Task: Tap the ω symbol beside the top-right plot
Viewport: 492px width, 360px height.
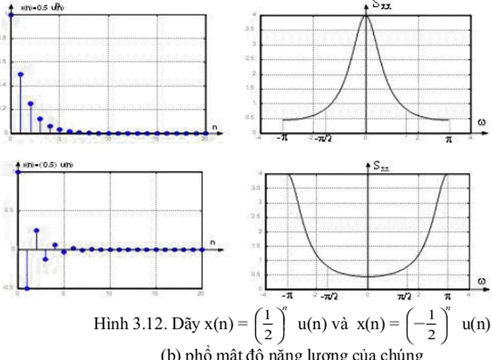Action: pos(482,122)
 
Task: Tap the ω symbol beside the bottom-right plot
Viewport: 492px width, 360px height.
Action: pos(482,281)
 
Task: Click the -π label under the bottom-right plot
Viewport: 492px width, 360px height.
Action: pos(288,297)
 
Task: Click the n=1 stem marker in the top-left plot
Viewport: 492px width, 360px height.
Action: pos(20,74)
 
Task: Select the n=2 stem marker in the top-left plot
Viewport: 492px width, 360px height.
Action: pos(31,103)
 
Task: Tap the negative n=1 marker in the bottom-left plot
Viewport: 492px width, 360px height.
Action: pos(27,289)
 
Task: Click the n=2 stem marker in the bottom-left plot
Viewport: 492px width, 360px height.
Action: pos(36,231)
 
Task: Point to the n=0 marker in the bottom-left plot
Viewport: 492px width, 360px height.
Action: pos(18,172)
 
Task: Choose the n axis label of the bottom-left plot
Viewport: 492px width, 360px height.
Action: pos(212,242)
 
